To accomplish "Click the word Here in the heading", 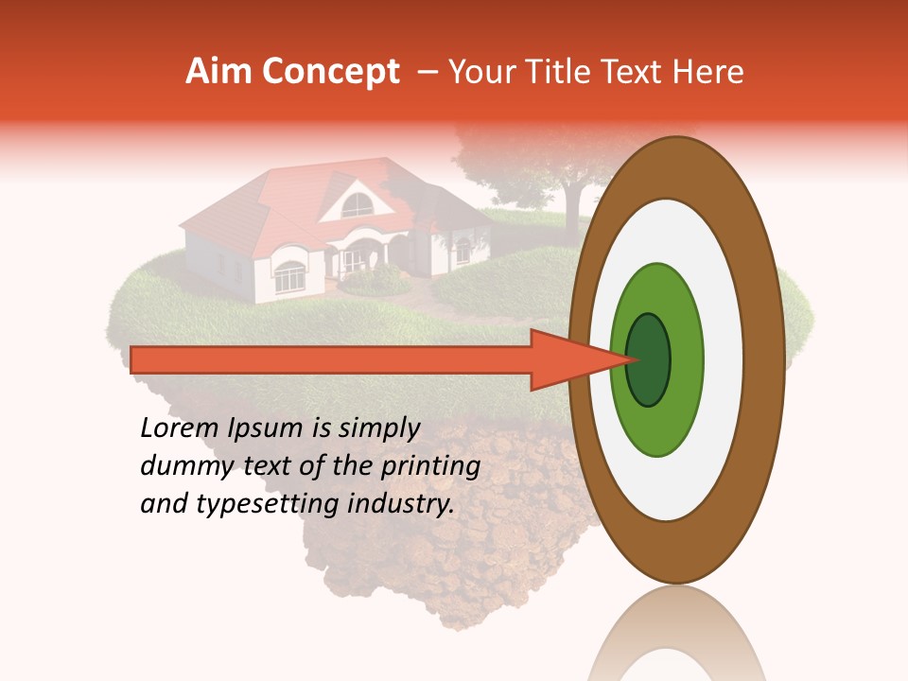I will click(x=711, y=72).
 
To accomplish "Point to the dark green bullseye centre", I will click(x=648, y=359).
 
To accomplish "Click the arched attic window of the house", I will click(x=357, y=205).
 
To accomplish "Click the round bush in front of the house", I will click(x=375, y=280).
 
